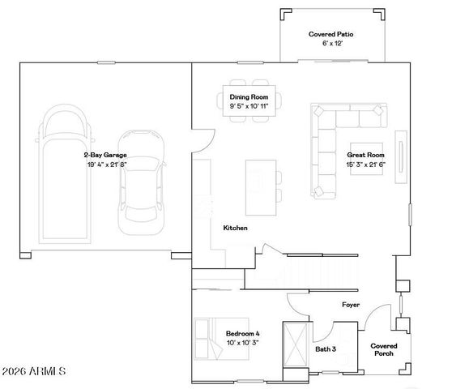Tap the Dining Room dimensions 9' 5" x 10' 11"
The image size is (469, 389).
[x=249, y=106]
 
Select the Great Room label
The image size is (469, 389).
[x=365, y=154]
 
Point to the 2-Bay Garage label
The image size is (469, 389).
[x=104, y=154]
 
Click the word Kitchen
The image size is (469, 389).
[x=235, y=229]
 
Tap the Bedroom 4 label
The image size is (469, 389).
[x=244, y=334]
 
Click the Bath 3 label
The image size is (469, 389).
[x=326, y=349]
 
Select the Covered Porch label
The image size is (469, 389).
[x=384, y=350]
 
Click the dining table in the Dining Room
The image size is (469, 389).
[x=248, y=100]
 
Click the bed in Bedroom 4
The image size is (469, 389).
[x=209, y=338]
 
